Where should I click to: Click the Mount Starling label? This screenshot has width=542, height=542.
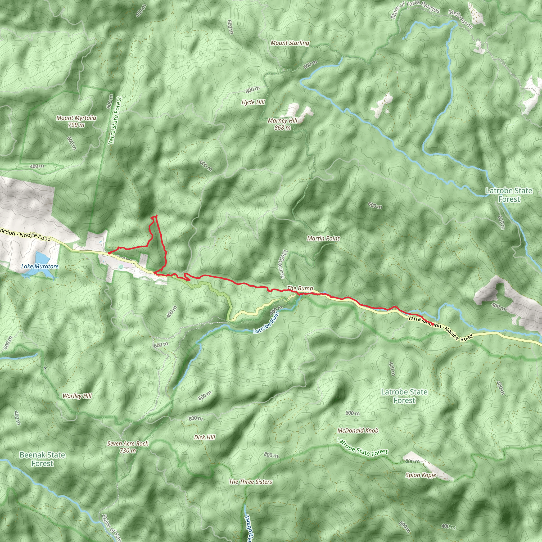[290, 43]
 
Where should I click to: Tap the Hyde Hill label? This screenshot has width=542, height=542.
[253, 102]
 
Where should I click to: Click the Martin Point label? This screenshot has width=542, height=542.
[323, 238]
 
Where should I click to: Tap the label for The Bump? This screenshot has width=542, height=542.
[300, 288]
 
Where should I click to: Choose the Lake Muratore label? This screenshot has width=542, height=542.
[40, 266]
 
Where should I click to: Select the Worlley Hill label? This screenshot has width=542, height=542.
[77, 396]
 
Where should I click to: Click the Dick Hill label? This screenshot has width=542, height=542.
[205, 437]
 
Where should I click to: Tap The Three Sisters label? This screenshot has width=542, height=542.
[250, 482]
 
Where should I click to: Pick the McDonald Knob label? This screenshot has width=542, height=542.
[358, 430]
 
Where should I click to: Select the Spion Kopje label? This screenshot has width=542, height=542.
[421, 475]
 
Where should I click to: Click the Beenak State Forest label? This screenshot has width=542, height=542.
[42, 459]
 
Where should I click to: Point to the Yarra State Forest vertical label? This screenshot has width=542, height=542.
[115, 121]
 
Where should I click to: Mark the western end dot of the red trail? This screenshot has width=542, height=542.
[109, 253]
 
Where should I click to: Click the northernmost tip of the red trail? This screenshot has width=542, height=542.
[156, 215]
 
